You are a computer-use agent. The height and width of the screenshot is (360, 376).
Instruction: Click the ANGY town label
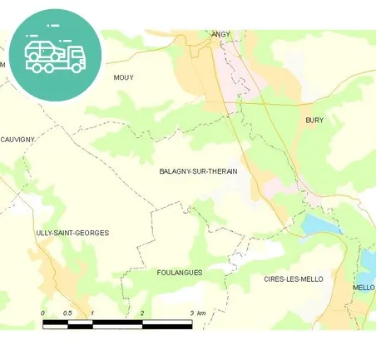(220, 34)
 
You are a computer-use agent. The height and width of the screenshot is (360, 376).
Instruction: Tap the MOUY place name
(123, 77)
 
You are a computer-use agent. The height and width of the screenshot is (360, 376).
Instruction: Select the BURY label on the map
(314, 121)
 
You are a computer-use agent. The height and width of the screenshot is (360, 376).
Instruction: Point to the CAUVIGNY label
(17, 139)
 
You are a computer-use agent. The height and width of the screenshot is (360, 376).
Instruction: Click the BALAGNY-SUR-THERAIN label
(198, 171)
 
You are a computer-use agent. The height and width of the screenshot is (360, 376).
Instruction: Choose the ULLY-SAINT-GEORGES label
(72, 233)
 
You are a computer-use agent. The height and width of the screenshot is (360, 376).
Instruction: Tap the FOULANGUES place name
(179, 272)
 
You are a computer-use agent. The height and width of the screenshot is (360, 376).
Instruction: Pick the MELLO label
(364, 288)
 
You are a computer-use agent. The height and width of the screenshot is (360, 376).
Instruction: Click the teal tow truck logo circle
(57, 54)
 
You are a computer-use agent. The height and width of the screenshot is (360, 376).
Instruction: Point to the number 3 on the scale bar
(192, 313)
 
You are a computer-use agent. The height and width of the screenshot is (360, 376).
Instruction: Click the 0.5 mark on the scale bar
(67, 313)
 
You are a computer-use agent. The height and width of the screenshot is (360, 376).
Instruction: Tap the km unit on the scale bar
(202, 313)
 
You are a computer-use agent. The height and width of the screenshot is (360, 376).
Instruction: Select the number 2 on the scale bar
(142, 313)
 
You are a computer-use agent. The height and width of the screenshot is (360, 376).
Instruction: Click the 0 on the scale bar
(42, 313)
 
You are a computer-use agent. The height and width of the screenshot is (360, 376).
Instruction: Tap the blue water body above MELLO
(369, 262)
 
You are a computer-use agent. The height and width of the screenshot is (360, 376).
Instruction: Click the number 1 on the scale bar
(92, 313)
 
